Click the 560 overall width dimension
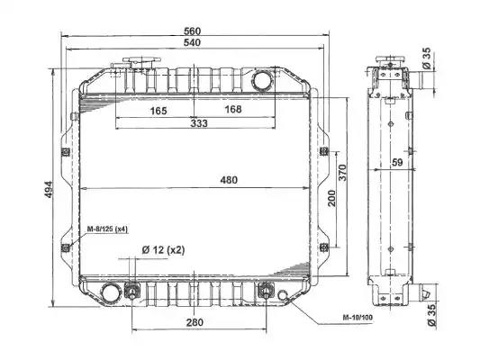192,31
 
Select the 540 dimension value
192,42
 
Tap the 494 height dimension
49,190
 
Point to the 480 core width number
229,180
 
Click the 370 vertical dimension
342,173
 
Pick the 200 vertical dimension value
331,198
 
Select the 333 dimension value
199,123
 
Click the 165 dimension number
158,111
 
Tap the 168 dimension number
233,109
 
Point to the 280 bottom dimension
195,322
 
